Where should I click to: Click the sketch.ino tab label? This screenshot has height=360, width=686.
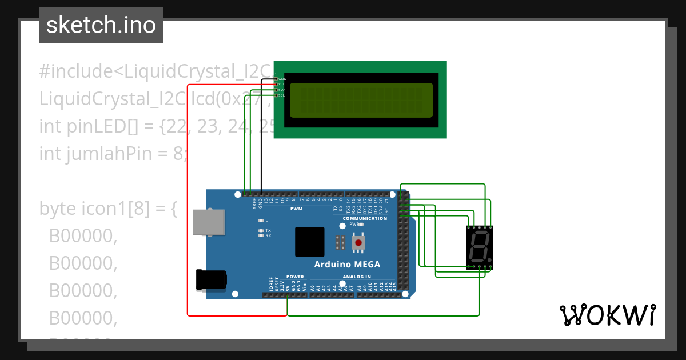point(101,25)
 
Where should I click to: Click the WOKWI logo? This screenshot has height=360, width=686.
point(607,315)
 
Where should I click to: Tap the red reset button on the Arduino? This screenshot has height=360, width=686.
point(358,243)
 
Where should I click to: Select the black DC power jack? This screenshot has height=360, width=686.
point(210,279)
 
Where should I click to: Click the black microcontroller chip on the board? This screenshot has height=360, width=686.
point(310,242)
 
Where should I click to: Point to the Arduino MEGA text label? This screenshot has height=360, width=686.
point(347,265)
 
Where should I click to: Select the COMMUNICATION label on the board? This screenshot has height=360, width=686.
point(365,218)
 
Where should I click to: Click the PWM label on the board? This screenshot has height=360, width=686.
point(296,209)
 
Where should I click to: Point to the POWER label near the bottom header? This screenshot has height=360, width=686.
point(296,277)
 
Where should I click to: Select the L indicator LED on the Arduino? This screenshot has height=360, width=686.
point(261,220)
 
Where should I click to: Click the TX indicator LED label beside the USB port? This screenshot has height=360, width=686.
point(268,230)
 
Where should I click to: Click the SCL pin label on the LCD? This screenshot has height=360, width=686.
point(282,95)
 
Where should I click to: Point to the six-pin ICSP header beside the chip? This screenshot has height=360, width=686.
point(340,242)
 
